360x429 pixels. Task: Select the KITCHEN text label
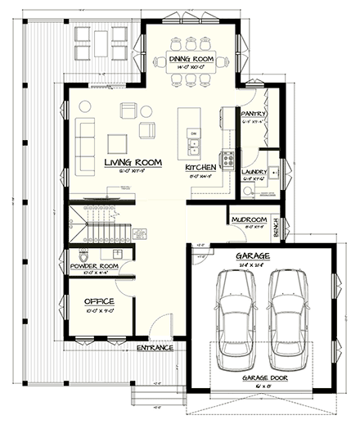pyautogui.click(x=200, y=167)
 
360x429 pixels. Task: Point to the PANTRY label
pyautogui.click(x=254, y=114)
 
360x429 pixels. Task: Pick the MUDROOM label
pyautogui.click(x=249, y=219)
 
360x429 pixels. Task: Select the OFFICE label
pyautogui.click(x=99, y=301)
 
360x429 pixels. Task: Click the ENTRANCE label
pyautogui.click(x=155, y=347)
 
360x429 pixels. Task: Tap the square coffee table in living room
pyautogui.click(x=118, y=142)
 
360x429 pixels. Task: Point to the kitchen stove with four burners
pyautogui.click(x=227, y=158)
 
